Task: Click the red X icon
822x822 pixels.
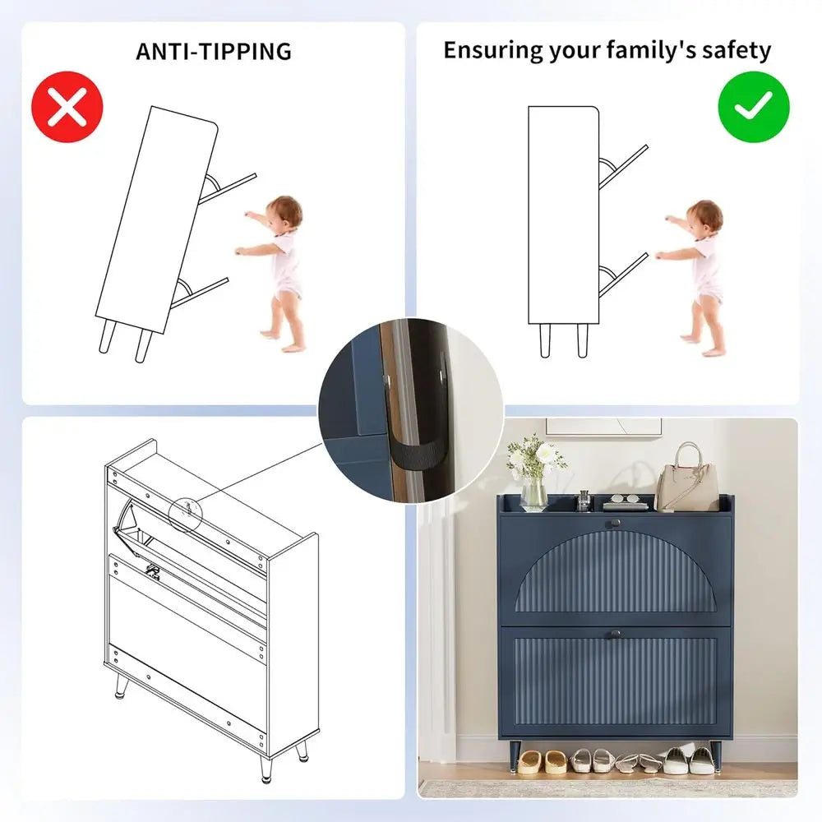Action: click(67, 107)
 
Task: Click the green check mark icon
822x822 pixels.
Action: click(753, 107)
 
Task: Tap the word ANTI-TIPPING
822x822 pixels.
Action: click(214, 51)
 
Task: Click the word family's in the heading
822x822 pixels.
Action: click(651, 50)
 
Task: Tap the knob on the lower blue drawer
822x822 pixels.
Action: click(614, 635)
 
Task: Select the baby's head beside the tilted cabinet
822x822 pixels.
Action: click(284, 214)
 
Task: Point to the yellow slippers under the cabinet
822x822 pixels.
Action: click(542, 762)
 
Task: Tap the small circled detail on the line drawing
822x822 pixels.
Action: click(185, 513)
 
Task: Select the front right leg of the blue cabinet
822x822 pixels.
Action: click(715, 756)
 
